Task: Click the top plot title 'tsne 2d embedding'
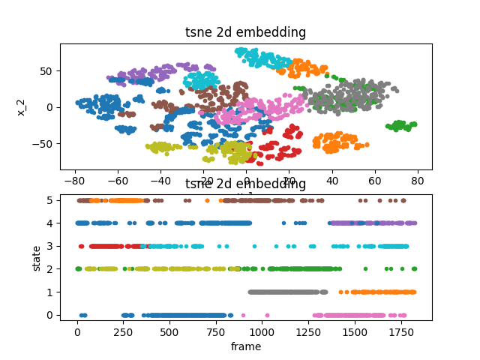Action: (x=246, y=32)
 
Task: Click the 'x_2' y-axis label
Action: (x=22, y=106)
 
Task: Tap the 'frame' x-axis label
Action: (x=246, y=346)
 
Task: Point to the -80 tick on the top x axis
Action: (x=75, y=181)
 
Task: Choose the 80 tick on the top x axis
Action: (x=417, y=181)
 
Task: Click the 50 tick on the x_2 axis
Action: (x=47, y=71)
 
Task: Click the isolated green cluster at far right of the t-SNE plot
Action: (x=401, y=125)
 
